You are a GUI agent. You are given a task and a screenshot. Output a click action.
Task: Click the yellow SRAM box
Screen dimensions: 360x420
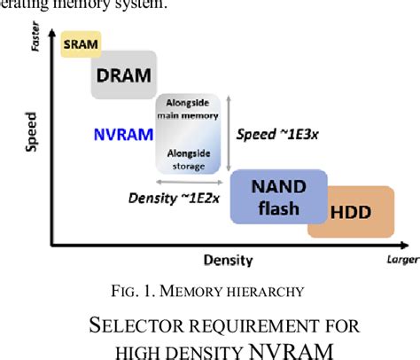click(x=81, y=43)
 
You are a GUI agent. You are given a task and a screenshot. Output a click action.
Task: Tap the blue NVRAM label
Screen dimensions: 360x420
click(x=121, y=136)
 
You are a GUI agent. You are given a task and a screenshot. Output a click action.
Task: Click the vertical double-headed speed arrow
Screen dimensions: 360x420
click(x=229, y=129)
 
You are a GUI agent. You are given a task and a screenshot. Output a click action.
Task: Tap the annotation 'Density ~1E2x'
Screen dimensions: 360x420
click(x=160, y=199)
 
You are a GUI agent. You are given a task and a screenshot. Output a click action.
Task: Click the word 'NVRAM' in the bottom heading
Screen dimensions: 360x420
click(x=291, y=350)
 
